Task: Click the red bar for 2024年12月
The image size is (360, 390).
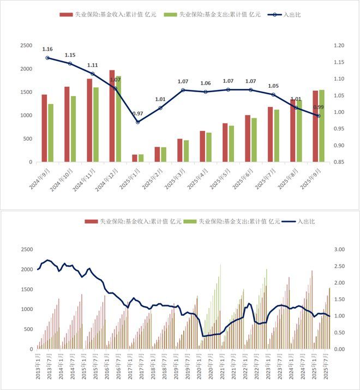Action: (x=112, y=116)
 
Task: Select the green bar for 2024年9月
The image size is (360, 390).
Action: (x=51, y=133)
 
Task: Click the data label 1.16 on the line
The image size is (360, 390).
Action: (x=48, y=49)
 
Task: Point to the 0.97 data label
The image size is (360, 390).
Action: (x=137, y=113)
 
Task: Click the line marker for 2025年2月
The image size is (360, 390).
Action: (x=160, y=108)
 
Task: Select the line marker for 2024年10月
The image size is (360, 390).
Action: (x=70, y=64)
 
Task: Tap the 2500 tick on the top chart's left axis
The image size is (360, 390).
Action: (x=26, y=46)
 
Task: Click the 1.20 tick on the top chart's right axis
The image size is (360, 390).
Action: (x=339, y=46)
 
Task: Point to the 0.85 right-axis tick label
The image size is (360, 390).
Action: (x=339, y=162)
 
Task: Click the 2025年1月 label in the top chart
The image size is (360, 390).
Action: (x=129, y=177)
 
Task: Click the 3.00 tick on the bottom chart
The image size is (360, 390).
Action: (x=339, y=249)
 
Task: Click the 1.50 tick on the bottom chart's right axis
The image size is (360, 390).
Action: (x=339, y=299)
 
